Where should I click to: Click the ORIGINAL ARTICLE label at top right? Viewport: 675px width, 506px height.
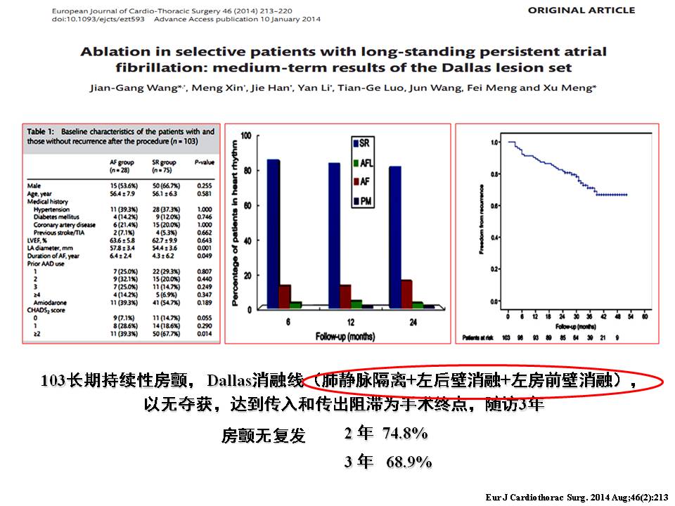pos(581,11)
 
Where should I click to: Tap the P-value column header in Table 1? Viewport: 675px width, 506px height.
pos(205,163)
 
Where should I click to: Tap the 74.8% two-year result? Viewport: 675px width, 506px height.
pos(405,434)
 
